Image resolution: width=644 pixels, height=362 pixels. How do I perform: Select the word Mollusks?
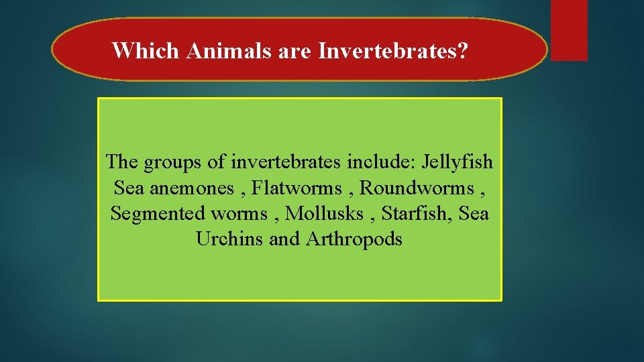(x=329, y=213)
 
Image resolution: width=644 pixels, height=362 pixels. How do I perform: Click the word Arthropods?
(x=354, y=239)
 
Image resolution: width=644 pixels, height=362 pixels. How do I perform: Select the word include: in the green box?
(x=376, y=162)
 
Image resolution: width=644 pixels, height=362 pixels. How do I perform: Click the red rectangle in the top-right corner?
(x=569, y=30)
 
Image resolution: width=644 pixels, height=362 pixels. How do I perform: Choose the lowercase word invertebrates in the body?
(x=288, y=162)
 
